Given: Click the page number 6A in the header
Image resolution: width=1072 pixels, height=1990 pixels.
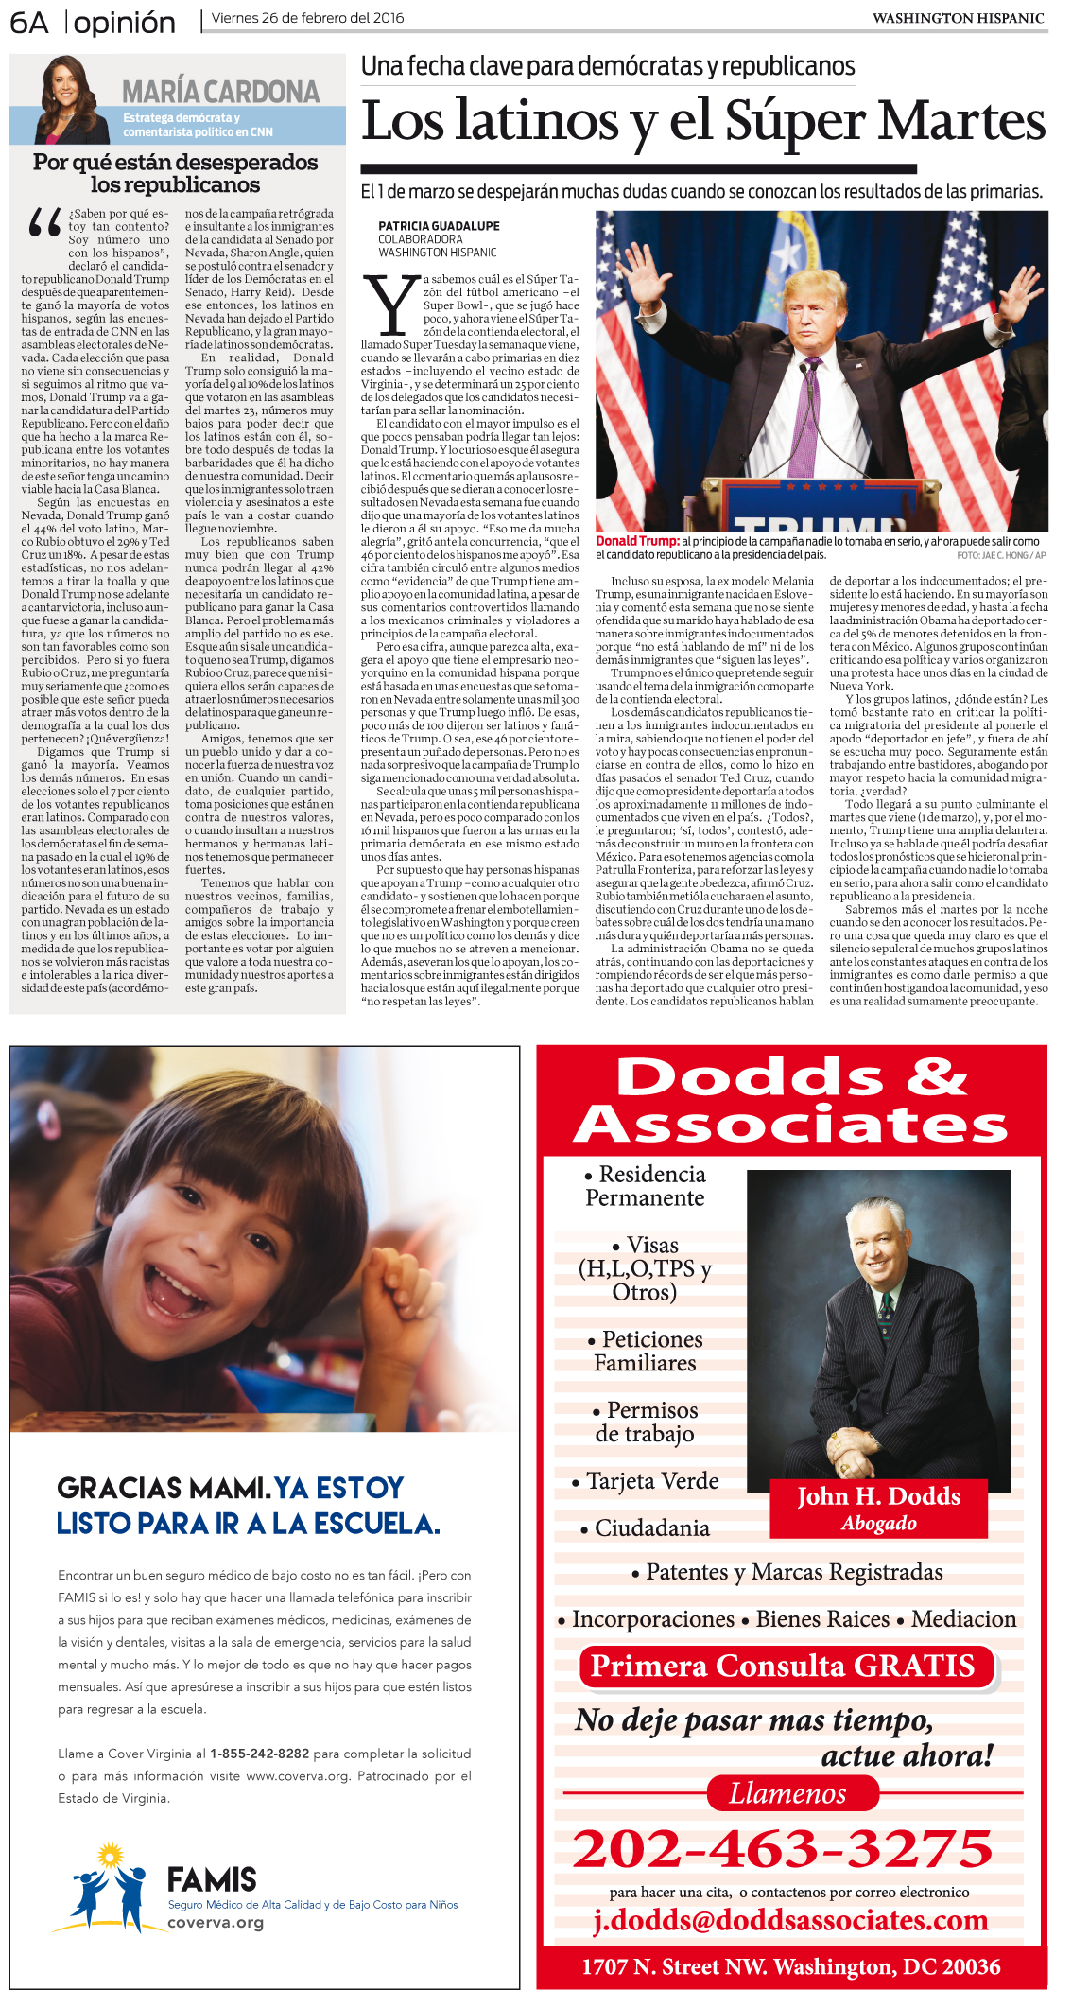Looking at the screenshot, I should tap(28, 23).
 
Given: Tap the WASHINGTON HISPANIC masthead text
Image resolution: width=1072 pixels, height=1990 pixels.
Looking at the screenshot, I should tap(958, 18).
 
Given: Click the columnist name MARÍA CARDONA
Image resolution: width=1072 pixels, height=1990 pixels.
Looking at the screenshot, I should tap(220, 92).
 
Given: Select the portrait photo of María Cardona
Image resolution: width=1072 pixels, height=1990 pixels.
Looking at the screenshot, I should tap(72, 99).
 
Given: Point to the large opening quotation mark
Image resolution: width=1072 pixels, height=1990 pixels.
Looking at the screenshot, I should tap(44, 223).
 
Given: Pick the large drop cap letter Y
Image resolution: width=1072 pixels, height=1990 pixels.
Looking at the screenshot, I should tap(390, 305).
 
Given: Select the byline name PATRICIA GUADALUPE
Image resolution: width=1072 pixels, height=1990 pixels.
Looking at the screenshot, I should tap(439, 227).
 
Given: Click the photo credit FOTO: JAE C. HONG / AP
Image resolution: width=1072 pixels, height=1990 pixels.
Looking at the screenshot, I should tap(1000, 556).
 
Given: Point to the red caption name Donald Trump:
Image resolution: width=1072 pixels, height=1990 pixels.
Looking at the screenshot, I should tap(637, 542).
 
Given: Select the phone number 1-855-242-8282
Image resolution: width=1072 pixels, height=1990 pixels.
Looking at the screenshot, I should tap(259, 1754).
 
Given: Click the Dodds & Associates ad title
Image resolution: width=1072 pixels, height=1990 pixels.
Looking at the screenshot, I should tap(791, 1100).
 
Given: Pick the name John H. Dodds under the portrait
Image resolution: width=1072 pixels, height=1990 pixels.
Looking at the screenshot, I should tap(878, 1497).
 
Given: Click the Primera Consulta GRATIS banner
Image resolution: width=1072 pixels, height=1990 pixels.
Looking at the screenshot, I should tap(783, 1666).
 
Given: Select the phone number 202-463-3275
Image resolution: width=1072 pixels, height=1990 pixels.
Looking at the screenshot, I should tap(783, 1848).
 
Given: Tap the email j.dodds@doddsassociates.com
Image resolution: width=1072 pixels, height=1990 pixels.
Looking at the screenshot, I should tap(790, 1920).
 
